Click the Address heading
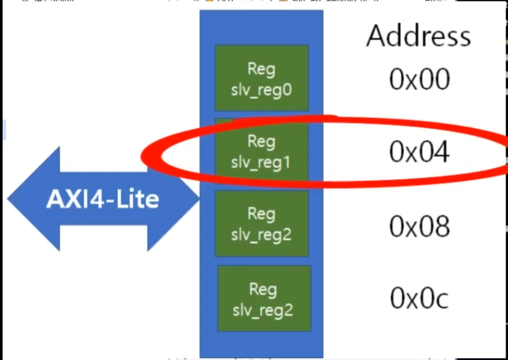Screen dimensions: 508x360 [x=418, y=36]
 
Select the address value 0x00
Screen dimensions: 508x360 [x=419, y=79]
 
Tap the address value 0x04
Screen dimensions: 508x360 [x=419, y=152]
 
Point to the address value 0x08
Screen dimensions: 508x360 [x=419, y=226]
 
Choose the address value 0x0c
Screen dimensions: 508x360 [x=420, y=299]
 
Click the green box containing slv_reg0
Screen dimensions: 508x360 [x=261, y=78]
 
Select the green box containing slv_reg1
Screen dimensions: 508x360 [x=261, y=151]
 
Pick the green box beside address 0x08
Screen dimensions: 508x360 [x=261, y=223]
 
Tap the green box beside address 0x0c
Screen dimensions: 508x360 [x=264, y=299]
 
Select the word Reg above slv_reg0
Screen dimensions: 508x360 [x=261, y=69]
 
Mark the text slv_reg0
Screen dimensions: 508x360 [x=261, y=88]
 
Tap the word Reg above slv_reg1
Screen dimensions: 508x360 [x=261, y=141]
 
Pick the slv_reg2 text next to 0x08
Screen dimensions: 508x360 [x=261, y=233]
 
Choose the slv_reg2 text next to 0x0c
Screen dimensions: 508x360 [x=264, y=309]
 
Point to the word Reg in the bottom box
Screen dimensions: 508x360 [x=264, y=290]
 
